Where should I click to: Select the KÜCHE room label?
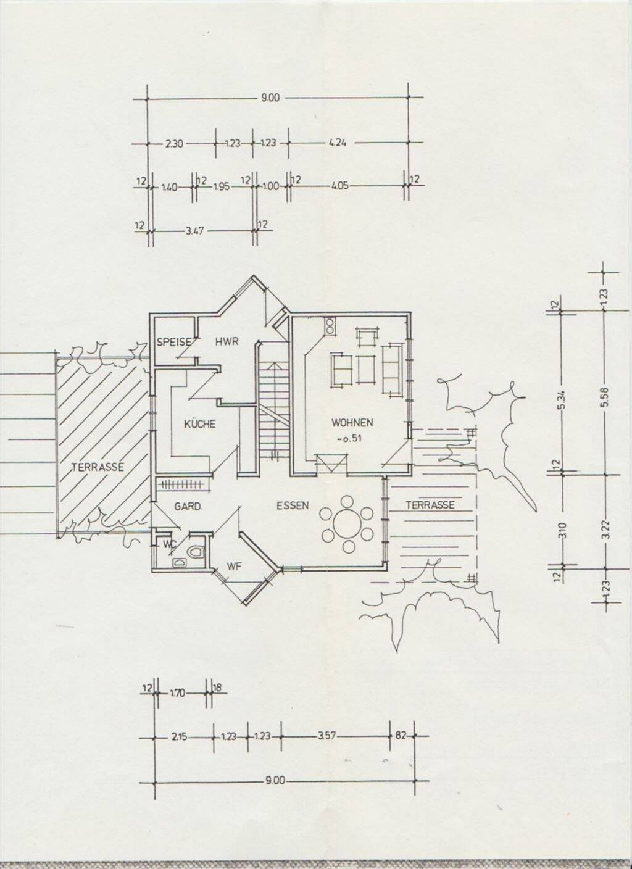(199, 424)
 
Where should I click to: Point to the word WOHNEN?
(352, 423)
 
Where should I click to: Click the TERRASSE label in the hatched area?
(97, 467)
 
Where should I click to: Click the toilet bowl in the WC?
(197, 551)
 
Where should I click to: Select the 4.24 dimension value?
(338, 143)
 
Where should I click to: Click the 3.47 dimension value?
(196, 231)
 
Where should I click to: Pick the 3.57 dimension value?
(326, 736)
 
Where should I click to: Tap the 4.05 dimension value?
(338, 185)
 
